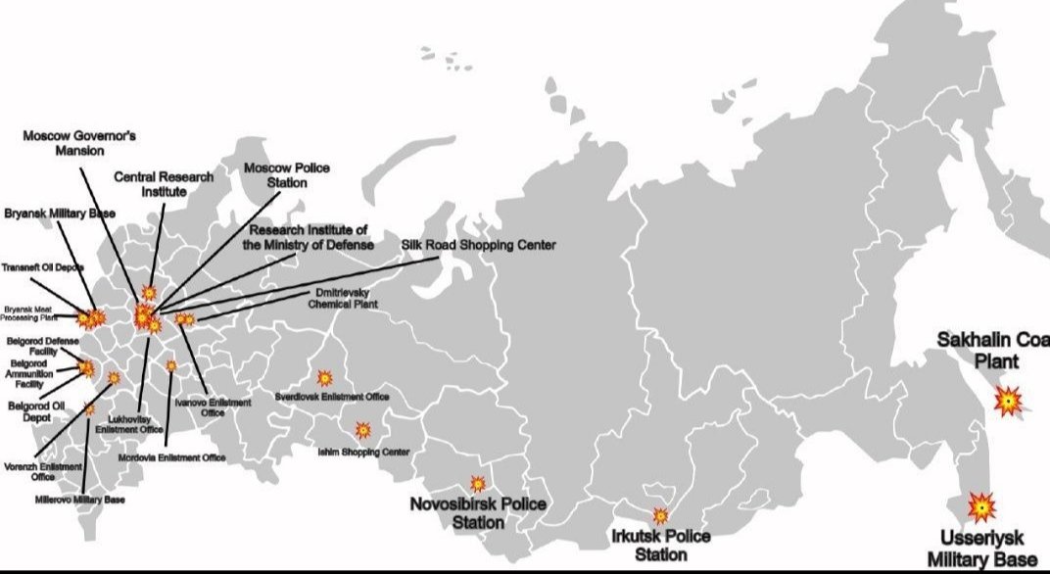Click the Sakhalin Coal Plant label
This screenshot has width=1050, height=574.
click(x=992, y=350)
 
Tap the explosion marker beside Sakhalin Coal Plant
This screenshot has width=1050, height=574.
click(x=1009, y=401)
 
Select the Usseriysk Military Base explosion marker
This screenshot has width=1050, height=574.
click(x=981, y=506)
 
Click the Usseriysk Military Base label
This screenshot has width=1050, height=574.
click(x=986, y=549)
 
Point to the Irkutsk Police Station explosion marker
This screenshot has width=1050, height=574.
click(x=660, y=515)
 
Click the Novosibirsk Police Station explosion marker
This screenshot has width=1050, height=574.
click(x=478, y=484)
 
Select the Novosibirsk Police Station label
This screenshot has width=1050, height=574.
click(x=478, y=512)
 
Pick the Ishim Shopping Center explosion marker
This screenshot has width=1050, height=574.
click(x=363, y=429)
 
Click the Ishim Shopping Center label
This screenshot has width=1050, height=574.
click(x=363, y=452)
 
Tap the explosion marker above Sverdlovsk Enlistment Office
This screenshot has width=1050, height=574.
click(x=324, y=377)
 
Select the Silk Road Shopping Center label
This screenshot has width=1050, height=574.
click(x=479, y=245)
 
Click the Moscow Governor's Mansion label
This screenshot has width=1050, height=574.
click(x=78, y=143)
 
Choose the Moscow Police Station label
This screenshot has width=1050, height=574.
click(x=286, y=175)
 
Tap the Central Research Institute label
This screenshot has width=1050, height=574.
click(x=163, y=184)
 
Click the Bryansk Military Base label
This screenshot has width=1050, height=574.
click(x=61, y=214)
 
